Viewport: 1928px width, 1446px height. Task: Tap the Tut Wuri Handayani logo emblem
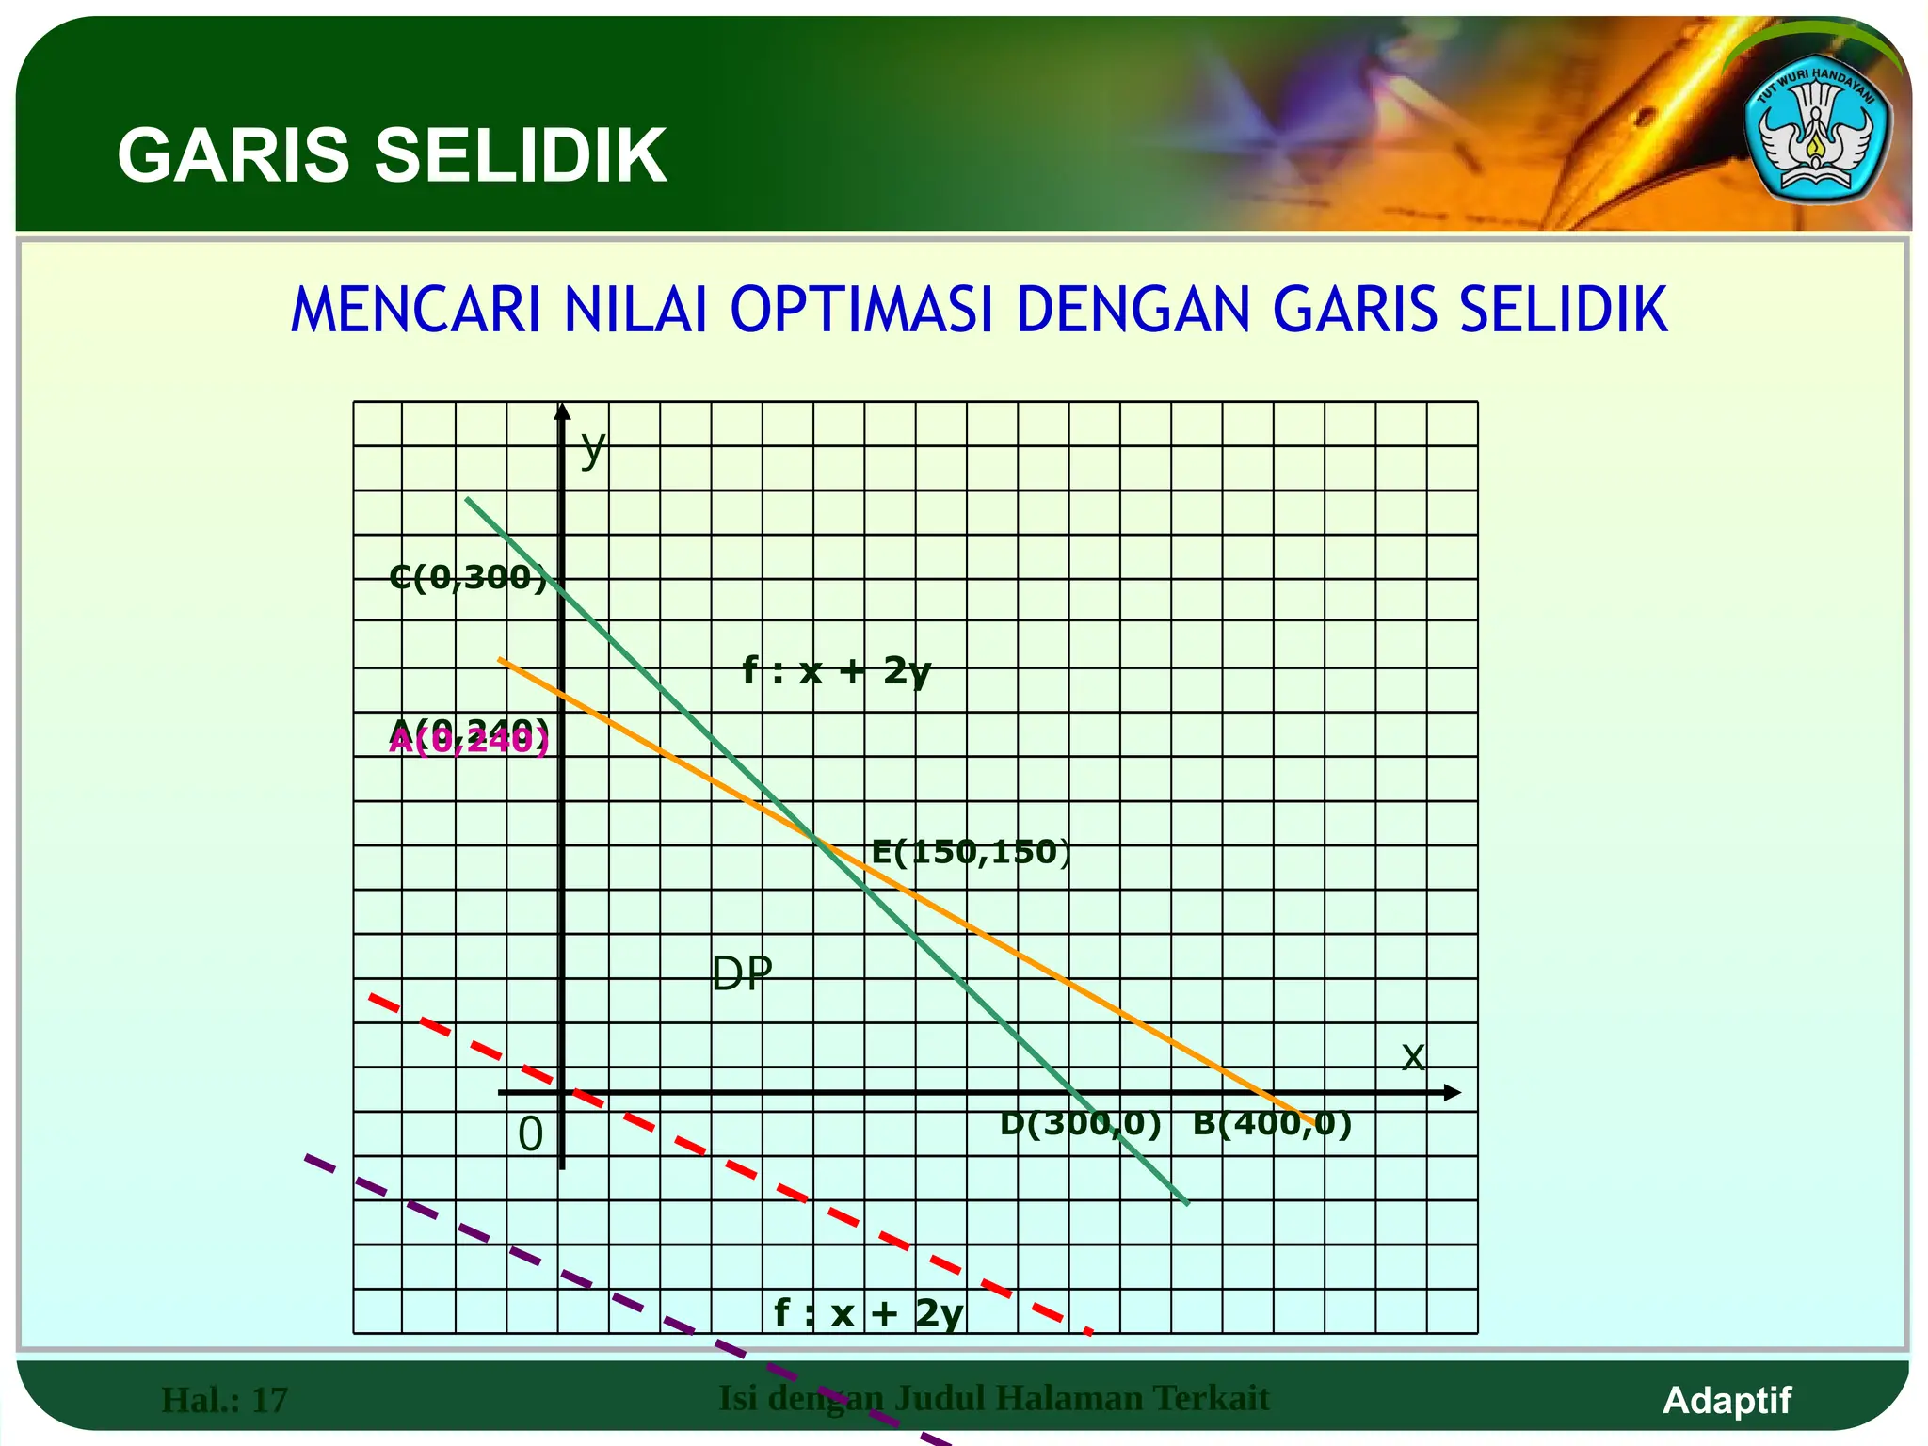pos(1816,137)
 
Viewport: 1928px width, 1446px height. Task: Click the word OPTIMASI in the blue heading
pos(861,310)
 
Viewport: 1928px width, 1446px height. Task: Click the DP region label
pos(742,973)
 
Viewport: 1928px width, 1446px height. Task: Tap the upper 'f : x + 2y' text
pos(836,671)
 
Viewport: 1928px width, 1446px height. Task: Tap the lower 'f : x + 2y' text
pos(868,1312)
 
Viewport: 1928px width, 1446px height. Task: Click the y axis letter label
pos(592,448)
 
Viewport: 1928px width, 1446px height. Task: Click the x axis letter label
pos(1412,1056)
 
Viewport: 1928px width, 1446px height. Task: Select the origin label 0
pos(531,1134)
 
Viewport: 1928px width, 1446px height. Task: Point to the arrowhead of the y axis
pos(562,410)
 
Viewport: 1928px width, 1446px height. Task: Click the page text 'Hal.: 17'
pos(224,1400)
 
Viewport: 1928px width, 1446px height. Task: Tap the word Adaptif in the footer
pos(1727,1400)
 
